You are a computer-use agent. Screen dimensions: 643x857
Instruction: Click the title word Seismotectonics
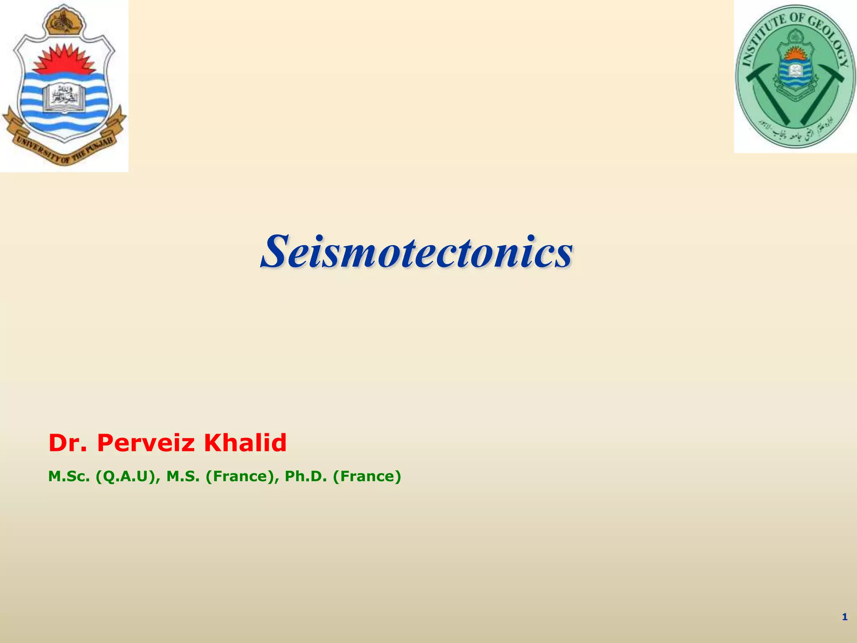coord(416,252)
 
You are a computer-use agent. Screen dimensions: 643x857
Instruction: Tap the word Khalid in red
coord(245,443)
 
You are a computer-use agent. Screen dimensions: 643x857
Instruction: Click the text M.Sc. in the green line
coord(69,476)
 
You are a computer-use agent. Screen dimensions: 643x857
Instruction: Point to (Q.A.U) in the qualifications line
coord(128,476)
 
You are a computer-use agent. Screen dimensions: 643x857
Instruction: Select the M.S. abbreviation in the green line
coord(183,476)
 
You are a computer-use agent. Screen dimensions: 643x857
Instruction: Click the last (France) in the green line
coord(367,476)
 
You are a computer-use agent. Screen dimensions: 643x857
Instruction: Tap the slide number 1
coord(844,617)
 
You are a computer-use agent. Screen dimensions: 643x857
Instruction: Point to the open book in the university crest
coord(64,97)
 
